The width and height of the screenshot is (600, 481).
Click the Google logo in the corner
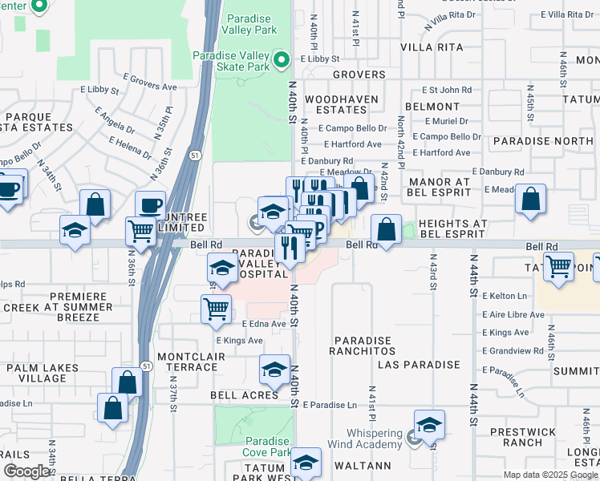[26, 471]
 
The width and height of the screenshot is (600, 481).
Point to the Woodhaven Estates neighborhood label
[335, 103]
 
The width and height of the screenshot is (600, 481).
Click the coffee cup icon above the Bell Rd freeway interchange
[150, 204]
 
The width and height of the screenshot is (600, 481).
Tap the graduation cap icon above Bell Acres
[274, 370]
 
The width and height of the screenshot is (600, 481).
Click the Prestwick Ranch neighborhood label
[522, 437]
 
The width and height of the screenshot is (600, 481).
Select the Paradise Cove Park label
[267, 447]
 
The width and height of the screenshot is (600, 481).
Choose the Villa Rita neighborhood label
[433, 47]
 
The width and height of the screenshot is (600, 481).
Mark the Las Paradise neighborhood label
[420, 365]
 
